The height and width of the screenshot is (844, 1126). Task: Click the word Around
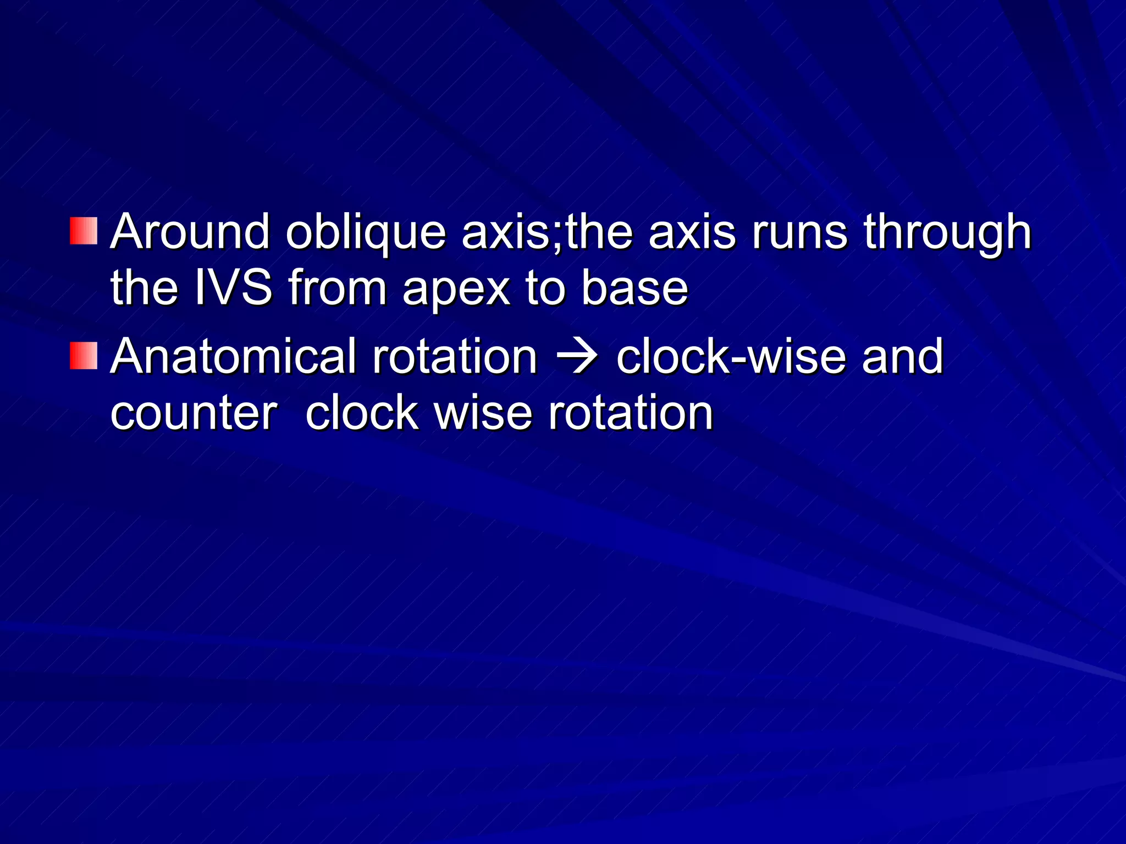[190, 232]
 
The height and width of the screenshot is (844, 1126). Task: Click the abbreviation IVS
[234, 288]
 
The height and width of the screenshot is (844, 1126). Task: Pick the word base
[634, 288]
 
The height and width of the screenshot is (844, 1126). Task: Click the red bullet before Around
[84, 231]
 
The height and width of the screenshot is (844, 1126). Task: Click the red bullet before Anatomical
[84, 356]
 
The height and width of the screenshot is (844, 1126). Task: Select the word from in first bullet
[338, 288]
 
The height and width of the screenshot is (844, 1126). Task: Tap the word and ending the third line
[902, 357]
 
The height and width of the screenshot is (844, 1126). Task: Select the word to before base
[545, 289]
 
